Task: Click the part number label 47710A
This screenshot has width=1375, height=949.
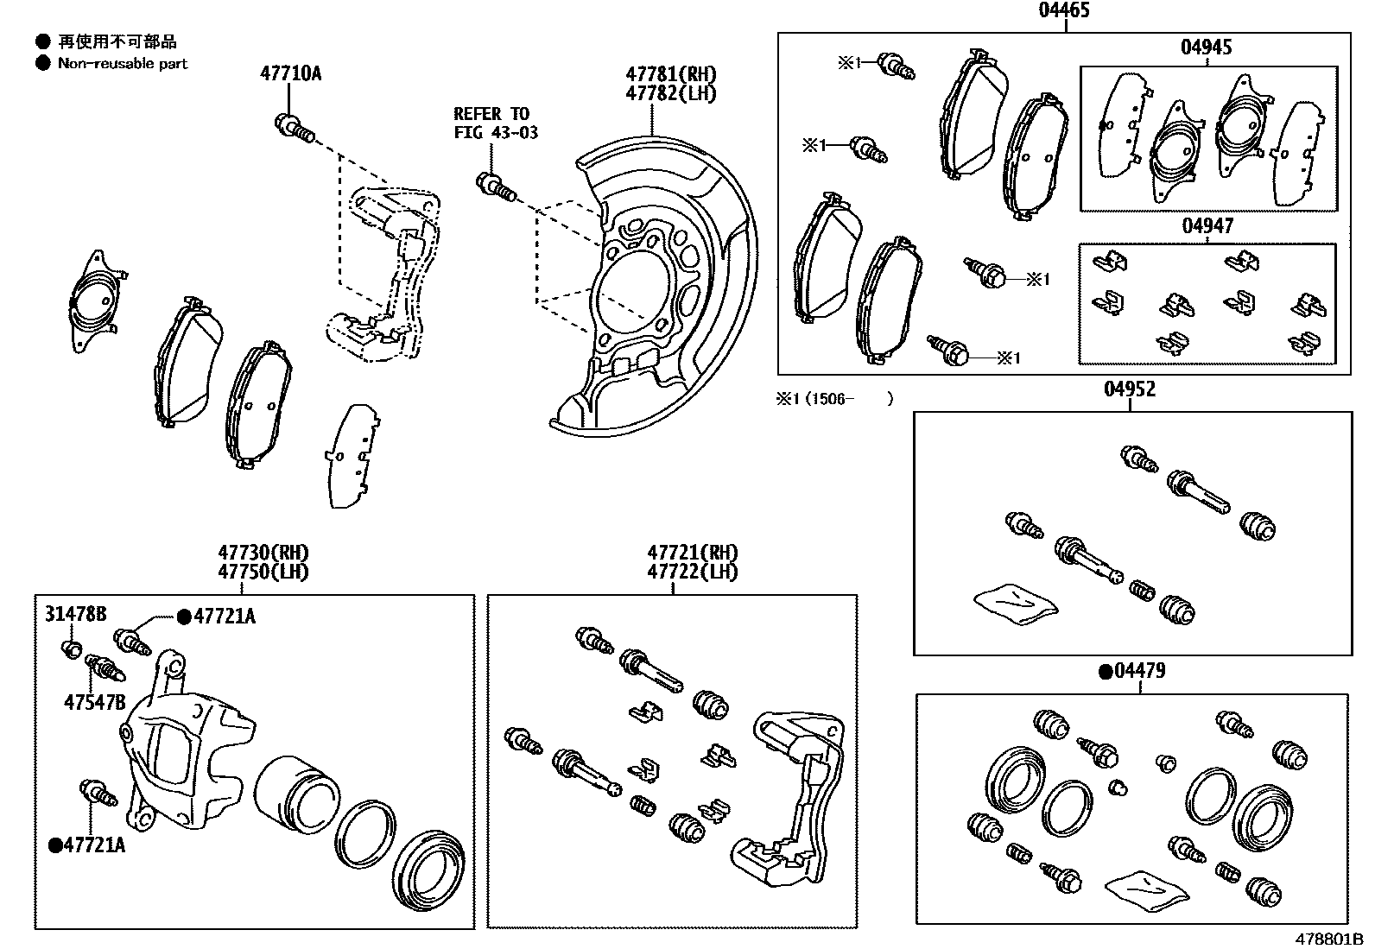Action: (x=290, y=73)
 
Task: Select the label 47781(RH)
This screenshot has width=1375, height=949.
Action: (x=671, y=75)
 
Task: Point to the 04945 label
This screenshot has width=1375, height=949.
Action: (x=1207, y=47)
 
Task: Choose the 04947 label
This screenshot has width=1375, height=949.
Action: (x=1207, y=226)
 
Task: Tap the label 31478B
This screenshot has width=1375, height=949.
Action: (x=76, y=614)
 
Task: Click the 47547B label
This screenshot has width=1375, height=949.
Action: (x=94, y=703)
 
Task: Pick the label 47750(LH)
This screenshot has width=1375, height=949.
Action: (x=263, y=572)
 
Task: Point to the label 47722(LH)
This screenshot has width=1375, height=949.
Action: (x=693, y=572)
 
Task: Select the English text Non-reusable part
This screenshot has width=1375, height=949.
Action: (x=122, y=63)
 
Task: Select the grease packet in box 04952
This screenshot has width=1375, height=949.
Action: (x=1015, y=602)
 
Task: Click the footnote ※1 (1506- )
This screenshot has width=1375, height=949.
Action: (x=833, y=399)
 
